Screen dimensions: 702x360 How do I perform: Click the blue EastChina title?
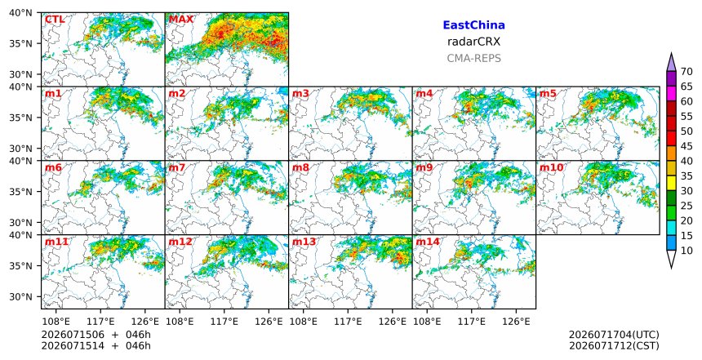[x=473, y=25]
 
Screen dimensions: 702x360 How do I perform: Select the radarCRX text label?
[x=473, y=42]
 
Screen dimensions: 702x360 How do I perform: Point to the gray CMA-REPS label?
[x=473, y=58]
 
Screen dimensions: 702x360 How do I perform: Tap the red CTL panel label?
[x=55, y=20]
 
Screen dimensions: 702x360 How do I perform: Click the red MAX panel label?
[x=181, y=20]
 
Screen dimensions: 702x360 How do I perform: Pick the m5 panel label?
[x=548, y=94]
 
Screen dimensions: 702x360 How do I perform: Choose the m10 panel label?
[x=552, y=167]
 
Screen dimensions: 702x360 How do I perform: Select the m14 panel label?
[x=428, y=242]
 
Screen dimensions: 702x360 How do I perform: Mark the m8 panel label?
[x=300, y=167]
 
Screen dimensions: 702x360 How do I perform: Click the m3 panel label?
[x=300, y=94]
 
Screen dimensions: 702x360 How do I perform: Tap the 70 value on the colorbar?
[x=686, y=72]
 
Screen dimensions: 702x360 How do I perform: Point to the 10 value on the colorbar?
[x=686, y=251]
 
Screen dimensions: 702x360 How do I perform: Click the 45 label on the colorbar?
[x=686, y=146]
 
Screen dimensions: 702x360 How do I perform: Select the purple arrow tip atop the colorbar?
[x=671, y=54]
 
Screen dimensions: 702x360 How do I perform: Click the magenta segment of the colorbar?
[x=671, y=94]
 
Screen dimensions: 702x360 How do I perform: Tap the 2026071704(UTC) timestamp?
[x=614, y=335]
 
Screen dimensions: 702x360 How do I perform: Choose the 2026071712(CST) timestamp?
[x=614, y=345]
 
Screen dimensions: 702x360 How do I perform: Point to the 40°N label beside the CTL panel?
[x=20, y=12]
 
